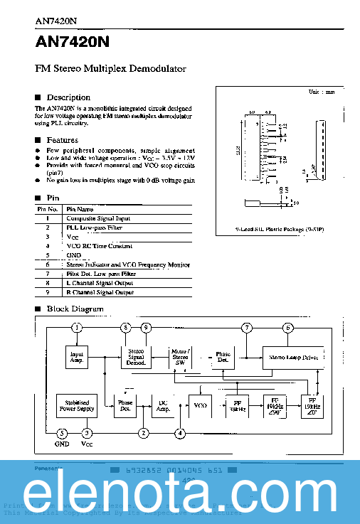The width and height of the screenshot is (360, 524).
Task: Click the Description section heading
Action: (68, 97)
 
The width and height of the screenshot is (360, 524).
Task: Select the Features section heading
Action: (63, 140)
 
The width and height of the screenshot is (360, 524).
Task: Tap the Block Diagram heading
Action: (75, 309)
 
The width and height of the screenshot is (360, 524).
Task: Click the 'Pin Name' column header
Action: (80, 209)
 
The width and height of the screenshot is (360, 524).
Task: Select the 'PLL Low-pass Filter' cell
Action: (94, 228)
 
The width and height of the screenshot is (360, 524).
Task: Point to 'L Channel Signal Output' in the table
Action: (100, 283)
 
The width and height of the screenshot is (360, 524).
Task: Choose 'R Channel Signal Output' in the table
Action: (100, 292)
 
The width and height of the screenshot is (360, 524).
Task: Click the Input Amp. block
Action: (76, 356)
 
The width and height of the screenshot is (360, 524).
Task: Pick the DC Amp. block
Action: (162, 406)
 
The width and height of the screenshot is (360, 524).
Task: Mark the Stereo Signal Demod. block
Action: (135, 356)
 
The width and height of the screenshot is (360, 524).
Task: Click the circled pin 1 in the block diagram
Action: (76, 327)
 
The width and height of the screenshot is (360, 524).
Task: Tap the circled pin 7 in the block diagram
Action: (246, 327)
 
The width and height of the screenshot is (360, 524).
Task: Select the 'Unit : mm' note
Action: (321, 92)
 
